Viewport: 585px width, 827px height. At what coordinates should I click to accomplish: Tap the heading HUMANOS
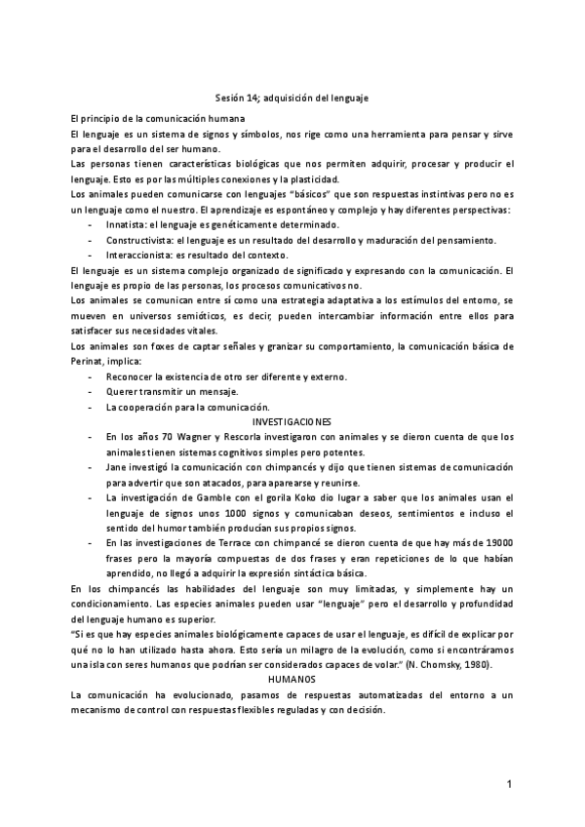[x=292, y=650]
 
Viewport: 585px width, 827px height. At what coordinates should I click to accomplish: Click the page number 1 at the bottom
[x=509, y=784]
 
